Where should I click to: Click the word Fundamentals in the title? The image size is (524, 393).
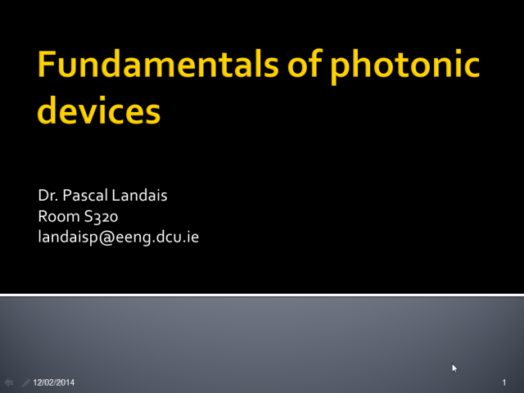click(158, 64)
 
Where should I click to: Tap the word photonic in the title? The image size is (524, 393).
click(405, 66)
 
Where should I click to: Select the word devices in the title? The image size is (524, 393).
click(99, 110)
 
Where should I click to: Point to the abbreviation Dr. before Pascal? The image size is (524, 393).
click(48, 195)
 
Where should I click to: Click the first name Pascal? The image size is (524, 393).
click(85, 195)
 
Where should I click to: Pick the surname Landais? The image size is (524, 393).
click(140, 195)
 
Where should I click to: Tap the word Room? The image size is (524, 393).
click(59, 216)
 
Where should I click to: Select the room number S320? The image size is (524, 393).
click(101, 216)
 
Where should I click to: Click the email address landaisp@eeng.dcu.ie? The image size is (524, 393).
click(118, 237)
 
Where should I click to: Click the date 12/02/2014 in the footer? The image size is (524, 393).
click(54, 382)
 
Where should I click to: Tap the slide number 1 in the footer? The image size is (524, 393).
click(504, 382)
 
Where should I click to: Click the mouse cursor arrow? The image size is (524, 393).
click(454, 368)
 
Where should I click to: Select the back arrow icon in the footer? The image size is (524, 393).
click(9, 382)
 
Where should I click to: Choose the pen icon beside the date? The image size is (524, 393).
click(25, 383)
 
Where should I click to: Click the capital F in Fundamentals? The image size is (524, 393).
click(46, 64)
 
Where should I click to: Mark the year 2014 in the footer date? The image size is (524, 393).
click(66, 382)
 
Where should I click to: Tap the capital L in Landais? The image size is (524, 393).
click(116, 196)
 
